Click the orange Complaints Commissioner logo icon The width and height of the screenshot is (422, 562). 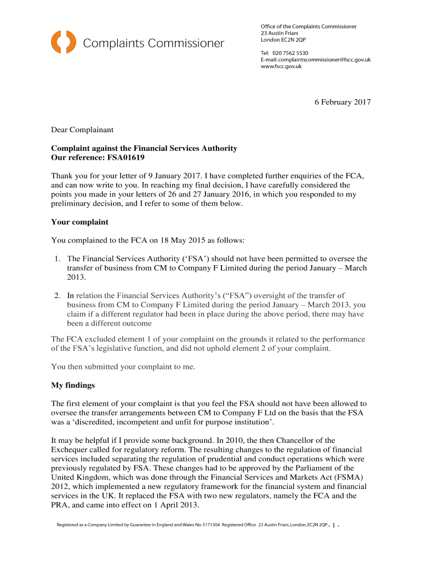click(x=64, y=42)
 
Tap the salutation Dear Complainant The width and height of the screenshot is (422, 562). click(x=82, y=130)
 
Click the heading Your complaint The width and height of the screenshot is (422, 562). click(x=79, y=222)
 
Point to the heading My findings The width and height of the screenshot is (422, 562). click(x=73, y=385)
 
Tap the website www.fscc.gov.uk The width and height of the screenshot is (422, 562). click(x=281, y=66)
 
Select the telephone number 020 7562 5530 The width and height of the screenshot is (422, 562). click(x=287, y=53)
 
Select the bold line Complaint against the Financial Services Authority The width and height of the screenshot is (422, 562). click(x=144, y=149)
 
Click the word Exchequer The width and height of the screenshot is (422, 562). click(x=74, y=449)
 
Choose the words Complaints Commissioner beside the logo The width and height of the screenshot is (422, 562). click(x=153, y=43)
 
